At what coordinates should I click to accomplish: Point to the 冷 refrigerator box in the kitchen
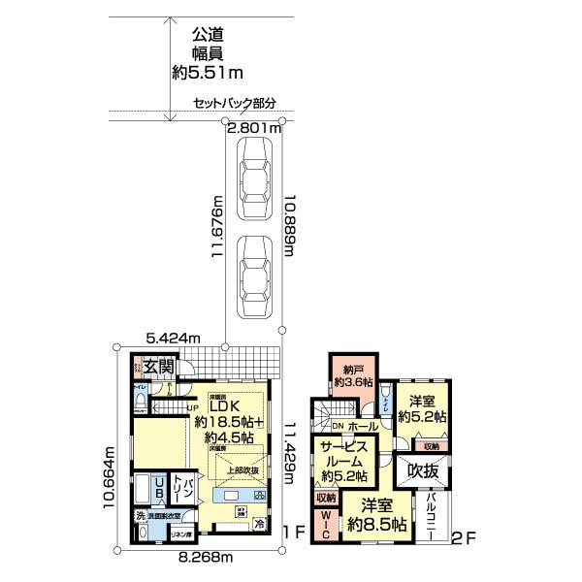click(x=259, y=524)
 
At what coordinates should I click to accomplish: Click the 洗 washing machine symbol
click(x=141, y=515)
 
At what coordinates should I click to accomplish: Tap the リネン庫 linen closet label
click(x=179, y=534)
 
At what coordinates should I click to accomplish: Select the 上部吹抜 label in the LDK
click(x=242, y=472)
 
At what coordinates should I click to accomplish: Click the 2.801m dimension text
click(x=254, y=127)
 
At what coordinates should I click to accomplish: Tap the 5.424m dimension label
click(x=173, y=338)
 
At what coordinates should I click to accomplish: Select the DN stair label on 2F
click(x=338, y=427)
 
